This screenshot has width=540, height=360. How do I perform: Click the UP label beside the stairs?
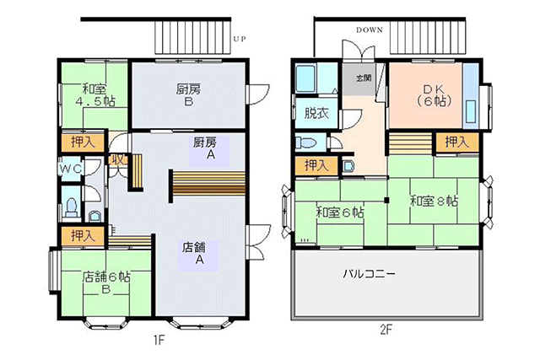(x=240, y=39)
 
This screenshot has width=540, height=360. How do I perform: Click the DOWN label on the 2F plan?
(x=370, y=30)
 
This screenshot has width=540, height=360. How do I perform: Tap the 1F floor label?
(x=159, y=341)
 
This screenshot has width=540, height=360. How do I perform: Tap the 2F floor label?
(x=386, y=330)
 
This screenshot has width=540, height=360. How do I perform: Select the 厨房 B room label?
(x=188, y=95)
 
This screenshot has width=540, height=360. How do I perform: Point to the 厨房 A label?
(x=206, y=148)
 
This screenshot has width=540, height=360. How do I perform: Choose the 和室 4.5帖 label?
(x=95, y=95)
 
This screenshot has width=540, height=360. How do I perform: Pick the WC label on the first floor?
(x=71, y=169)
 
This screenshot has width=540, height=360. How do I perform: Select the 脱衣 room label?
(x=316, y=113)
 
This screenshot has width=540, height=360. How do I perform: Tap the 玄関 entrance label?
(x=364, y=78)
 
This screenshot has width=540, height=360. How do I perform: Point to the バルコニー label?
(x=369, y=274)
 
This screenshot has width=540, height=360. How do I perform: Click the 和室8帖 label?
(x=434, y=201)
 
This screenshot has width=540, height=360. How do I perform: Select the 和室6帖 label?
(x=340, y=212)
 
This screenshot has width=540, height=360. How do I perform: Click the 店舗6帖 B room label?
(x=106, y=282)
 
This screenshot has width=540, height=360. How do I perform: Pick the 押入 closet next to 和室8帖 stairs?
(x=457, y=142)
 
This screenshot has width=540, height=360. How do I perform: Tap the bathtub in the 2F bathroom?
(x=305, y=78)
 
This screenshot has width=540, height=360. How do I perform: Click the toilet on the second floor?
(x=306, y=142)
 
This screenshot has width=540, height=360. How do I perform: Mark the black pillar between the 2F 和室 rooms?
(x=386, y=200)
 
